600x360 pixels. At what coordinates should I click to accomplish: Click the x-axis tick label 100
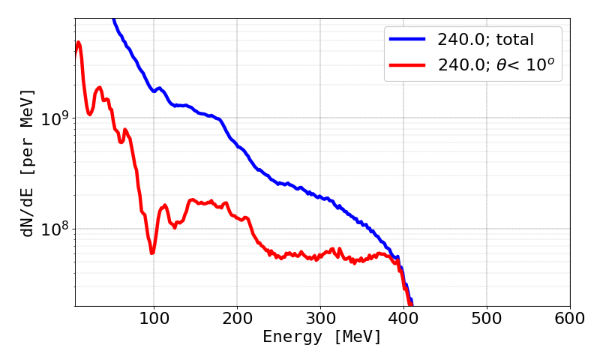[x=154, y=318]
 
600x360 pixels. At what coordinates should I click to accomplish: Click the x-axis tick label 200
[x=237, y=318]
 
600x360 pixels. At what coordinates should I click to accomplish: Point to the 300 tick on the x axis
[x=320, y=318]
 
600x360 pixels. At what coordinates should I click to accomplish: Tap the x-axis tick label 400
[x=403, y=318]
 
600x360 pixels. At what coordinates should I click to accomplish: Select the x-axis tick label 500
[x=487, y=318]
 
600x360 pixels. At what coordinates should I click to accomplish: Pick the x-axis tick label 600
[x=570, y=318]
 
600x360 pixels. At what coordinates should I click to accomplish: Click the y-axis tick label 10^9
[x=55, y=118]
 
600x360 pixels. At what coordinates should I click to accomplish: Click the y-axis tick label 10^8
[x=55, y=229]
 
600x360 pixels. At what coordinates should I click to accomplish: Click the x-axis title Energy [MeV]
[x=322, y=337]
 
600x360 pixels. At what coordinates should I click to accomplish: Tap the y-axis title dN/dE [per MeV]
[x=28, y=163]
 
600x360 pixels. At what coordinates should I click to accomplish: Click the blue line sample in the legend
[x=406, y=38]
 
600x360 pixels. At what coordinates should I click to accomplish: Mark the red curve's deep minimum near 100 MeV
[x=152, y=252]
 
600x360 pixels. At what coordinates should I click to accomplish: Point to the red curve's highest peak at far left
[x=79, y=42]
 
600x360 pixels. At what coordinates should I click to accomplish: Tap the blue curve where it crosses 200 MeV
[x=237, y=144]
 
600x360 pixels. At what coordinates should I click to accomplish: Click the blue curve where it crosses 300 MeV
[x=320, y=198]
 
